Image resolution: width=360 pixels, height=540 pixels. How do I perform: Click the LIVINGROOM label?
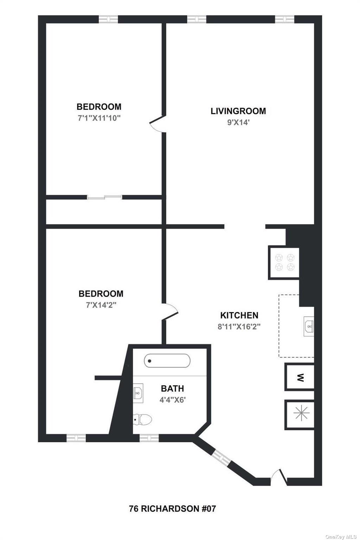pyautogui.click(x=238, y=111)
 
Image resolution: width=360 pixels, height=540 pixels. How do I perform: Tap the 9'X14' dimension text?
pyautogui.click(x=238, y=123)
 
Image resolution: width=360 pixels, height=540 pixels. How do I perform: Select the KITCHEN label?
pyautogui.click(x=239, y=315)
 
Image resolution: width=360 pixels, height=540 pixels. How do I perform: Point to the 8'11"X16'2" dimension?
pyautogui.click(x=239, y=327)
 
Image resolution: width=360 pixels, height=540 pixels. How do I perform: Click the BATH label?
pyautogui.click(x=172, y=388)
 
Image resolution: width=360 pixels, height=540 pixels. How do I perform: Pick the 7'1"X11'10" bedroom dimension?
pyautogui.click(x=99, y=118)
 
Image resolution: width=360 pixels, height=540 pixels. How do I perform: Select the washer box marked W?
pyautogui.click(x=300, y=378)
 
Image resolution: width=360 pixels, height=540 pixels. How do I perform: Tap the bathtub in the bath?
pyautogui.click(x=167, y=361)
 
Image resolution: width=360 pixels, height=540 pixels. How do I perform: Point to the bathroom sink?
pyautogui.click(x=138, y=391)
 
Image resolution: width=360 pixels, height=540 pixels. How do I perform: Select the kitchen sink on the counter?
pyautogui.click(x=309, y=326)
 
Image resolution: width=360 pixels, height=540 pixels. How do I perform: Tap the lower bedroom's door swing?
pyautogui.click(x=171, y=311)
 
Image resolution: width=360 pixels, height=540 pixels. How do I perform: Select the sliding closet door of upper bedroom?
pyautogui.click(x=104, y=198)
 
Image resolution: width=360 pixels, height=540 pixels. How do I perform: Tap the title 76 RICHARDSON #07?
pyautogui.click(x=172, y=508)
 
